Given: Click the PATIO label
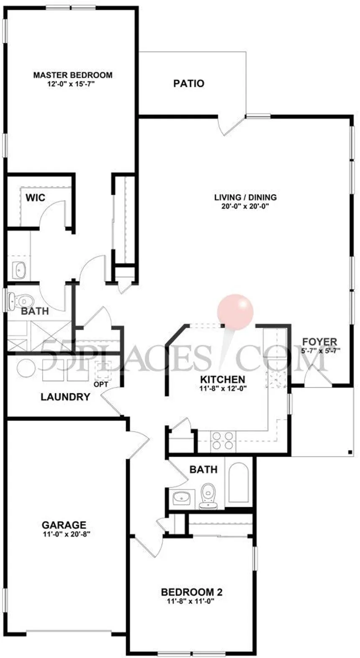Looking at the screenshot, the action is (x=189, y=83).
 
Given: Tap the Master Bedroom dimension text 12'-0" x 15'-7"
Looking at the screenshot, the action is (x=72, y=84).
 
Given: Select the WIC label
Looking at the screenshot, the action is (x=35, y=198).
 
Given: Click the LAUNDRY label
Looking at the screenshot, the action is (x=65, y=397).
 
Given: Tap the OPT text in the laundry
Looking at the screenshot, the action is (x=100, y=384).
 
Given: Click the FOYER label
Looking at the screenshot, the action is (x=320, y=342).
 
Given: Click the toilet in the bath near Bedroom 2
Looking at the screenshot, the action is (x=208, y=495).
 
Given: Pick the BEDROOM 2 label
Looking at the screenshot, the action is (x=192, y=592).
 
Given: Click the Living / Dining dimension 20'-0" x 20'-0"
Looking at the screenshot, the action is (x=245, y=206).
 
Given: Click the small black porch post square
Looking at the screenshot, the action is (x=350, y=452).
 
